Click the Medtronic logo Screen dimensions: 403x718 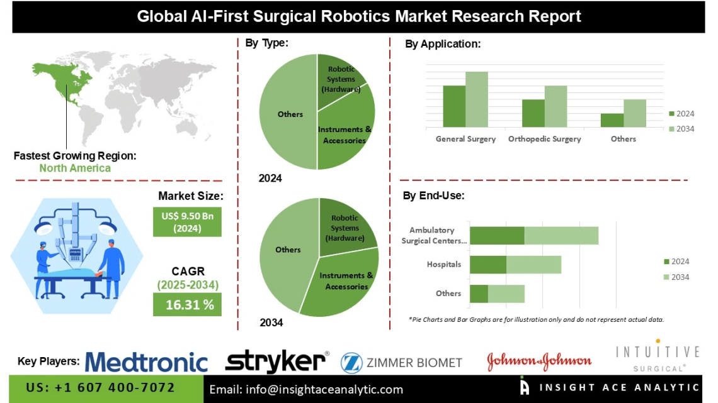click(x=146, y=362)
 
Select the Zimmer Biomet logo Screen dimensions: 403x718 click(x=402, y=362)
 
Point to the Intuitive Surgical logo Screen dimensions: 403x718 click(x=658, y=356)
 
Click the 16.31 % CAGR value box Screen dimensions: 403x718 click(x=188, y=305)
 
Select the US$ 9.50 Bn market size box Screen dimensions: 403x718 click(x=188, y=222)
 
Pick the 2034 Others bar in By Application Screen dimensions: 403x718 click(x=635, y=113)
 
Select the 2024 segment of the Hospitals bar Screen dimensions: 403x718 click(x=488, y=265)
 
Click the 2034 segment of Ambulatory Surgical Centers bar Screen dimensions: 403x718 click(x=561, y=235)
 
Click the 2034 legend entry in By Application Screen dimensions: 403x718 click(x=681, y=129)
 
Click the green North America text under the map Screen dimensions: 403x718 click(x=75, y=168)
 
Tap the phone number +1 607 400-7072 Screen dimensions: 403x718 click(x=100, y=388)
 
